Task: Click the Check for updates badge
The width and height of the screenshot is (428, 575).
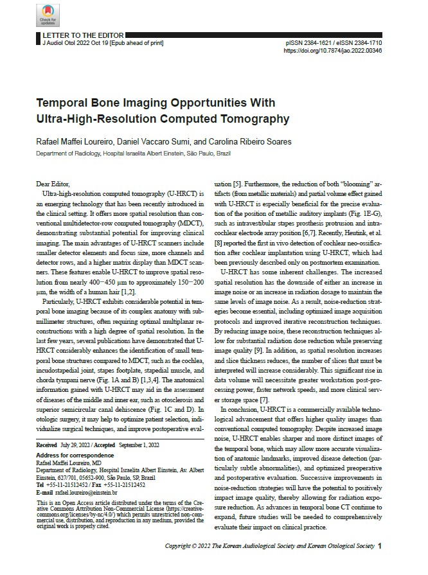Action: pos(47,15)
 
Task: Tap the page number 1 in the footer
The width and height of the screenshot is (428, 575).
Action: pos(380,546)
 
